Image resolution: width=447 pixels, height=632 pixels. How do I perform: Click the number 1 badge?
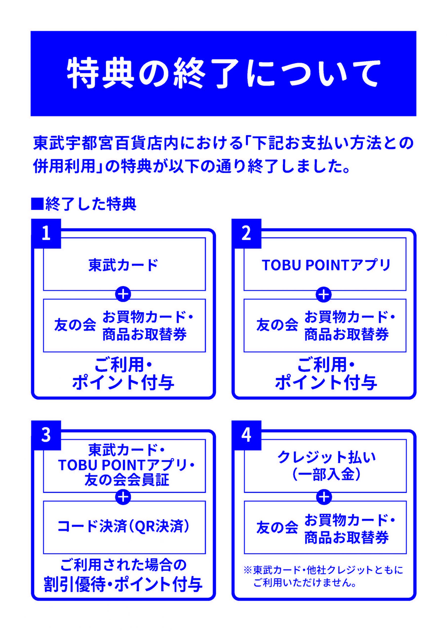[x=46, y=234]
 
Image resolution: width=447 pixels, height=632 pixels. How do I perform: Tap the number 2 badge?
[x=246, y=234]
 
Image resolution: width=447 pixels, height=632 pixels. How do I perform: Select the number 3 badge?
[x=46, y=435]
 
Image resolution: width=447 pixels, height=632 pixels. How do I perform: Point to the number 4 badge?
[x=246, y=435]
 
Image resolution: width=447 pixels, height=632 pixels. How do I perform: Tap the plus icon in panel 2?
[x=324, y=295]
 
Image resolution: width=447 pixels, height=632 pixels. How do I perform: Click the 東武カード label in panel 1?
[x=123, y=265]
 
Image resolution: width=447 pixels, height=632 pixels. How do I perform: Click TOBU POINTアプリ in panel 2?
[x=326, y=265]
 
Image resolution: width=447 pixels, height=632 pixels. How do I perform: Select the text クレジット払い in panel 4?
[x=326, y=457]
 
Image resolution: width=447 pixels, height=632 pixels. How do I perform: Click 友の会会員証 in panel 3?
[x=127, y=480]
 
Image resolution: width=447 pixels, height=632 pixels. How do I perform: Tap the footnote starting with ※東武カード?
[x=323, y=576]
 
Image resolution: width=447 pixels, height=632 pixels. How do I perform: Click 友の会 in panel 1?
[x=75, y=325]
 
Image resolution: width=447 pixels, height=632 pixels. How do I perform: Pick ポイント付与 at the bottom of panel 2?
[x=326, y=383]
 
